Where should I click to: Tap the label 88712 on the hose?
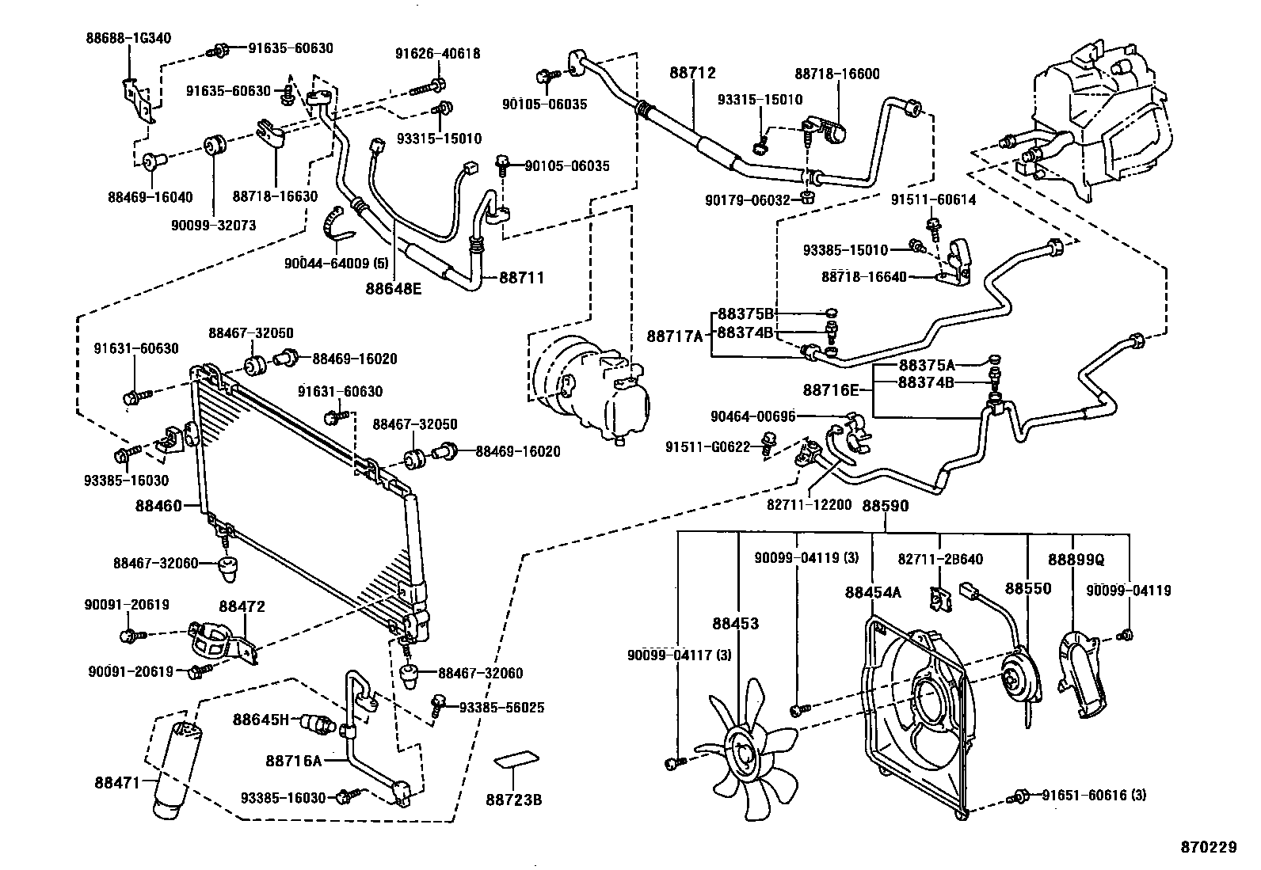(x=691, y=73)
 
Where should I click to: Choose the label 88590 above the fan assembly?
(x=885, y=505)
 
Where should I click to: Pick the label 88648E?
(x=394, y=288)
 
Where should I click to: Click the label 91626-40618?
(x=437, y=54)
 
